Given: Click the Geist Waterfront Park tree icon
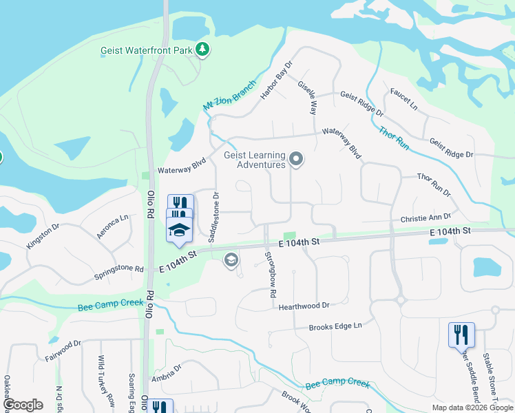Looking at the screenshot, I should pos(202,49).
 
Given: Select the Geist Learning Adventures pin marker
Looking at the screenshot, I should pos(297,160).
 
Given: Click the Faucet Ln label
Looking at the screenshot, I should pos(403,100).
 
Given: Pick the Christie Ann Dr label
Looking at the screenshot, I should pos(425,218).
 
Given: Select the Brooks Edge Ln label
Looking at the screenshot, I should pos(335,326).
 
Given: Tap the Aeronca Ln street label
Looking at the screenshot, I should pos(112,226).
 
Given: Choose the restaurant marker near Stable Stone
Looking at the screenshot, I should pos(461,335).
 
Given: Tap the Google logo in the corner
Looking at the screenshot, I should pos(23,405).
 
